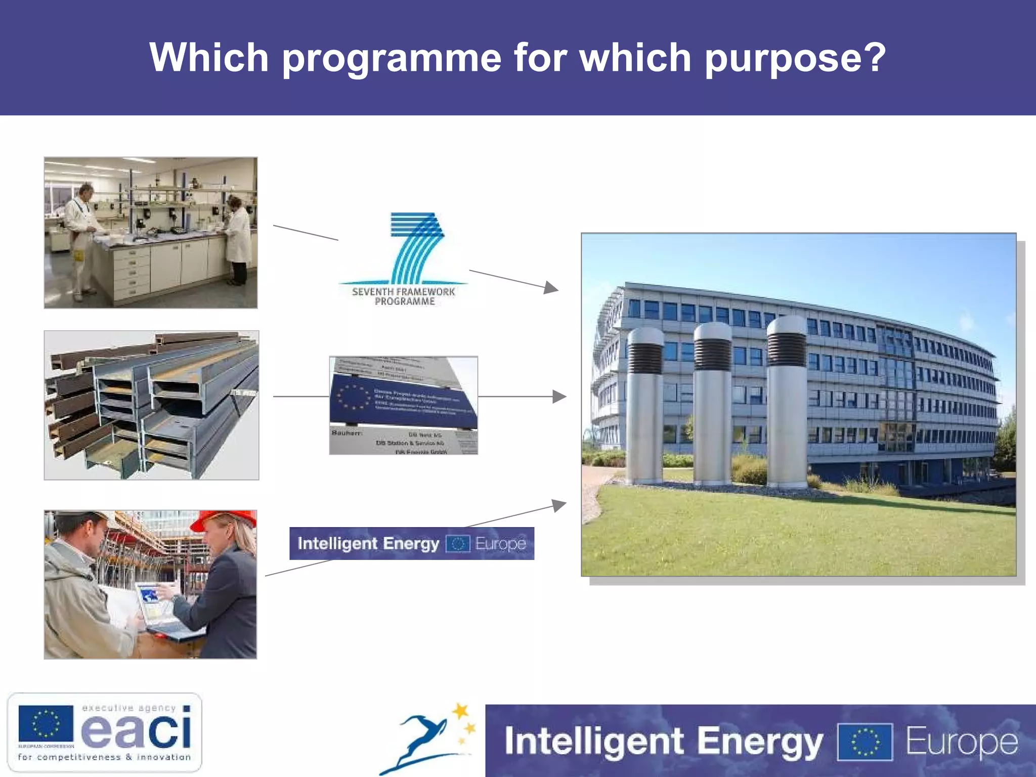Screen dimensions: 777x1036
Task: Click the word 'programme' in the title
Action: tap(392, 59)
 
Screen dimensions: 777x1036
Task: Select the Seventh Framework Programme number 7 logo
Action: tap(416, 248)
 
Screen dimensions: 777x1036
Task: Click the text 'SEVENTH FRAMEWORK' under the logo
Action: tap(403, 292)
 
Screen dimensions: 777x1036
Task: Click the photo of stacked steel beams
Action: tap(151, 405)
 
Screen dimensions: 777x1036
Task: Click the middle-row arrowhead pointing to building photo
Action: tap(559, 397)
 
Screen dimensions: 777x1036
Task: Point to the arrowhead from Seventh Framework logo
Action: tap(551, 288)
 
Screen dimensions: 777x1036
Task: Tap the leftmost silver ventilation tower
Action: tap(645, 405)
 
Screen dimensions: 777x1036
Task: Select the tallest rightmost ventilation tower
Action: tap(787, 400)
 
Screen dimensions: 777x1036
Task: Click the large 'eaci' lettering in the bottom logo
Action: tap(137, 730)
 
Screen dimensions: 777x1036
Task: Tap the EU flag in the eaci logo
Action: tap(46, 723)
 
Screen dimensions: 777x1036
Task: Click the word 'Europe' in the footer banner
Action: tap(961, 742)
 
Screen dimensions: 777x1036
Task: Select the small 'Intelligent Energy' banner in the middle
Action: tap(411, 543)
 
